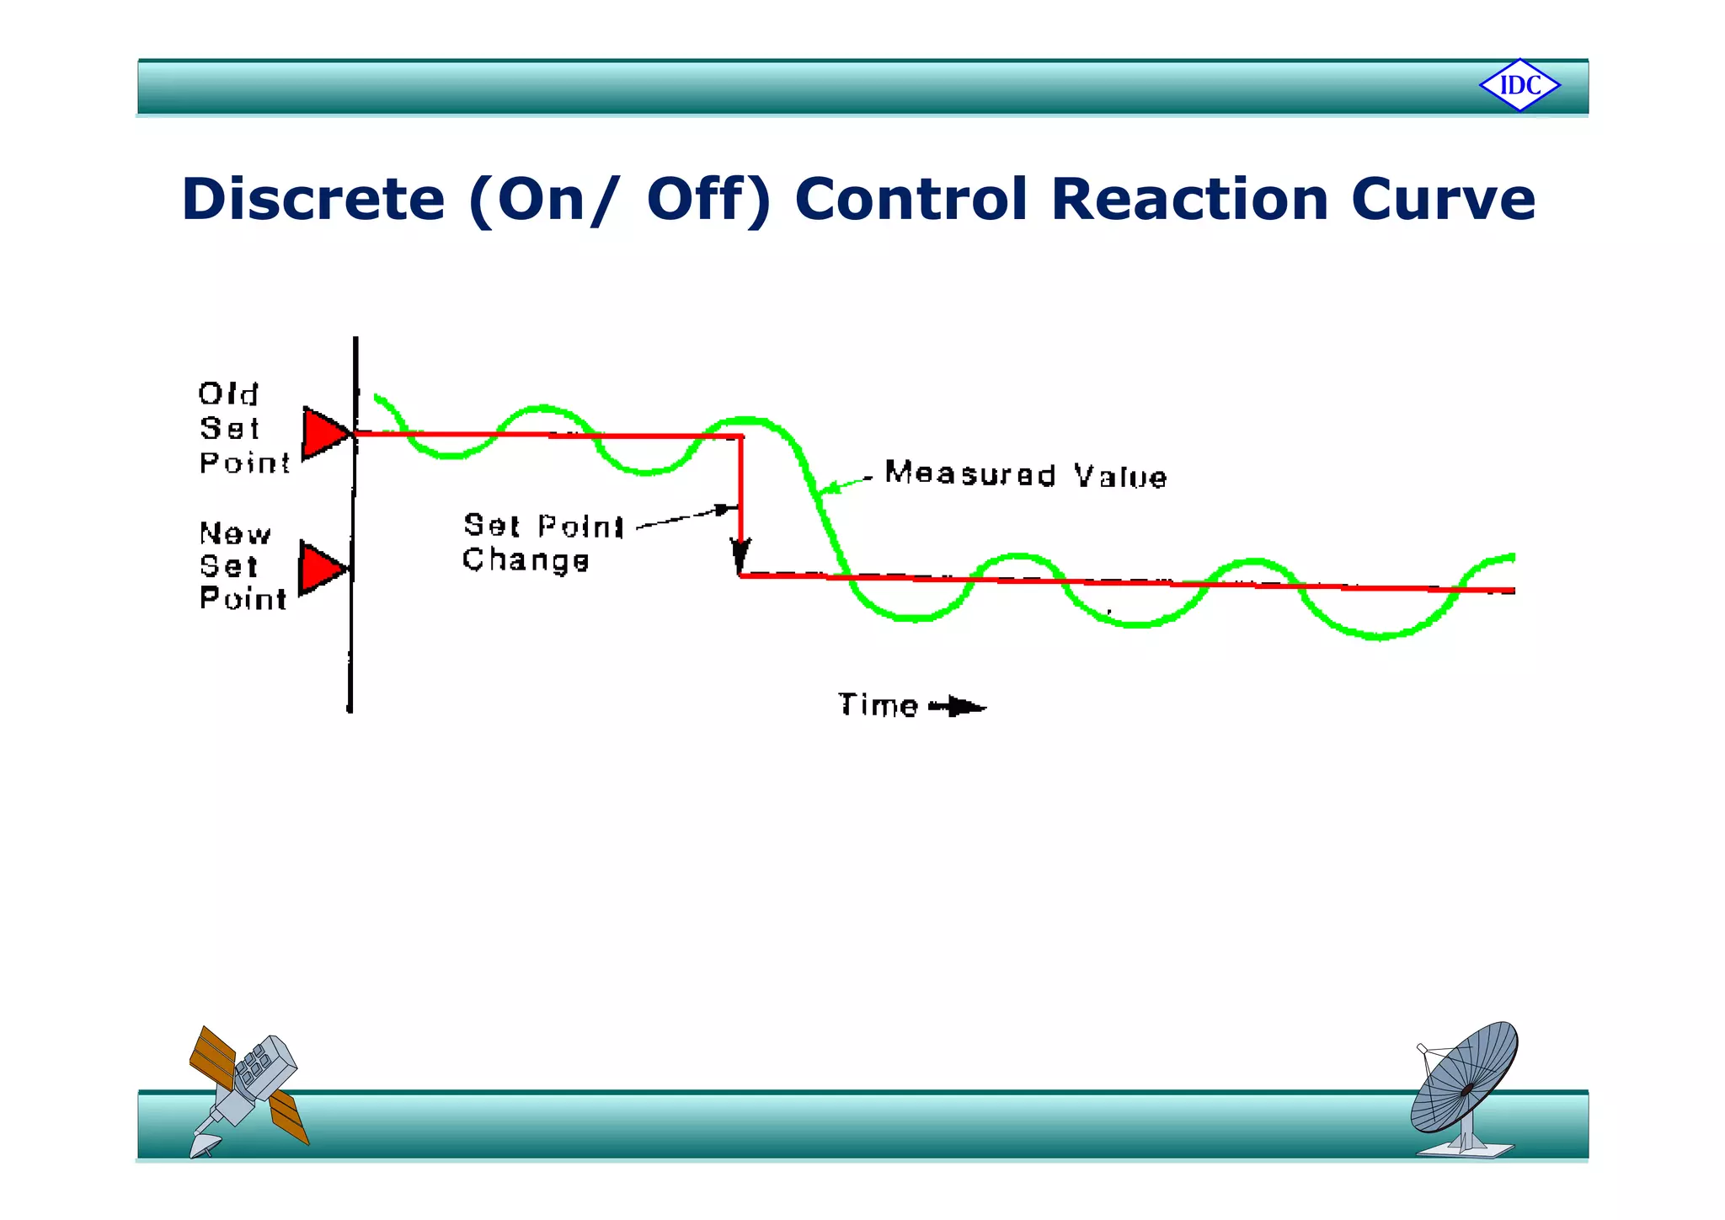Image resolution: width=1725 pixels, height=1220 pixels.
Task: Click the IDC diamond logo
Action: [x=1519, y=85]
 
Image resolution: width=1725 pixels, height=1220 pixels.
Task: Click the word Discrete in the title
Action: [x=312, y=200]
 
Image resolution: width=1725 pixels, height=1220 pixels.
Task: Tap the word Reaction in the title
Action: [x=1189, y=200]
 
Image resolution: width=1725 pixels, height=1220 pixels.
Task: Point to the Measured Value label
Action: [x=1026, y=475]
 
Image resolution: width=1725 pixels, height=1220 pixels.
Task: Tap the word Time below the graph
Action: [x=877, y=705]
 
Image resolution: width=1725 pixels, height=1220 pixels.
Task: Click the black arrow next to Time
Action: [x=959, y=706]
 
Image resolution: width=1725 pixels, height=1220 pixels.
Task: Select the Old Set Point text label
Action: [x=243, y=428]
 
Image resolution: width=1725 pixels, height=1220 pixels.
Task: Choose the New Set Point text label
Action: [x=242, y=565]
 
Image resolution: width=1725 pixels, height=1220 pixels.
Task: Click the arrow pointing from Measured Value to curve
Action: [x=845, y=484]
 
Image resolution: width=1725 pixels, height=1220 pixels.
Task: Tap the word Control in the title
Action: [x=911, y=200]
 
